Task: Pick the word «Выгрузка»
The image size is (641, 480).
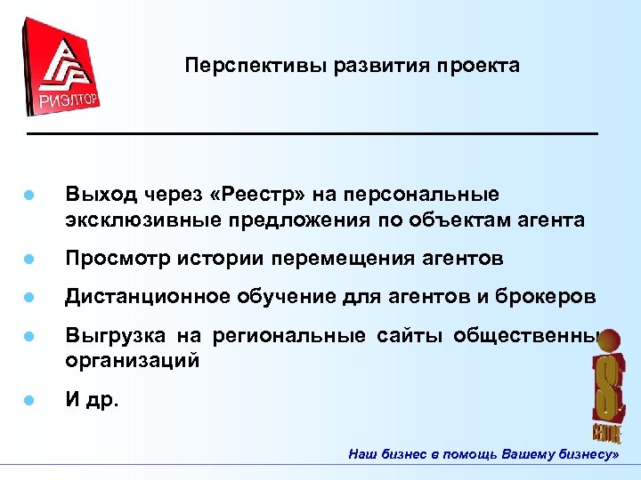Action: tap(107, 335)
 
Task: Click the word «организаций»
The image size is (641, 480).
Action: tap(131, 361)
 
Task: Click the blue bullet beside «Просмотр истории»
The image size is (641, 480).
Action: tap(29, 260)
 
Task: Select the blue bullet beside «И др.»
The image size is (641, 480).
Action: tap(29, 401)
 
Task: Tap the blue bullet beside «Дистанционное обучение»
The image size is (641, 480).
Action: tap(29, 298)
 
